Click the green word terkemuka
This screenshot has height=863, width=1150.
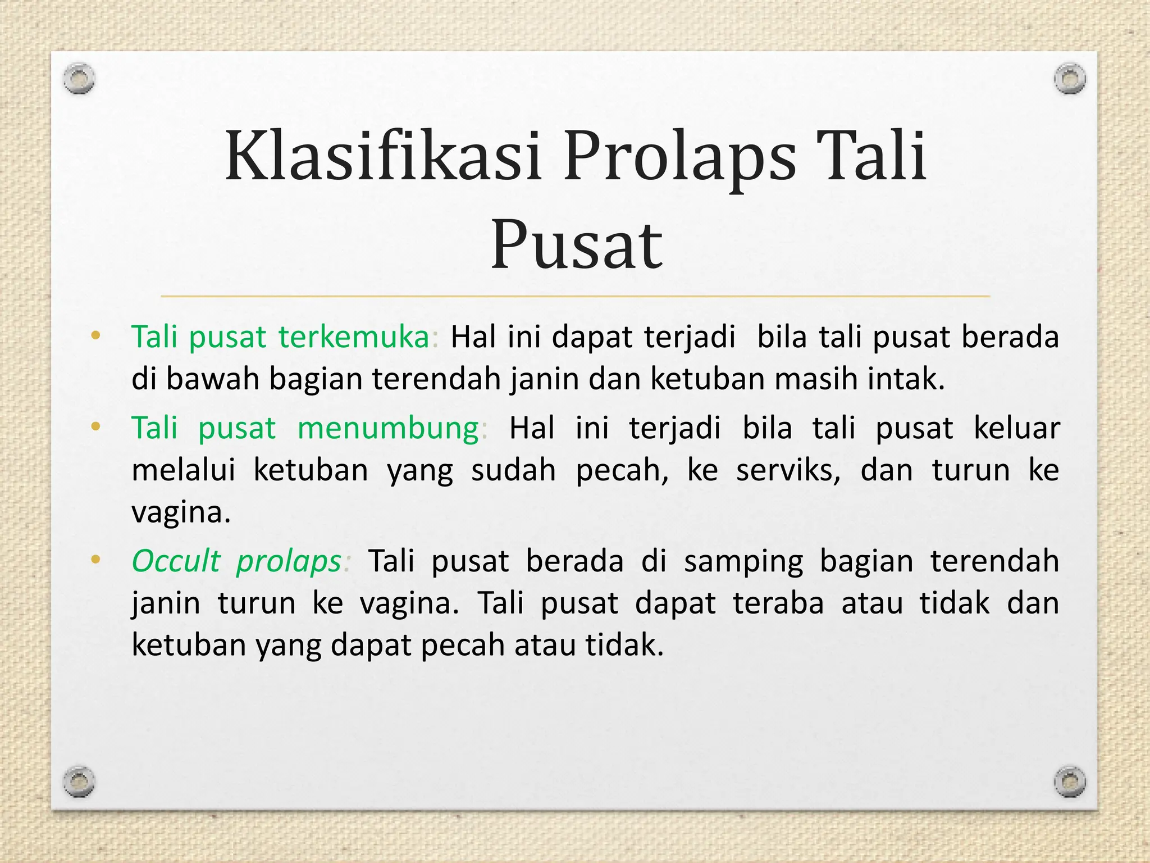354,337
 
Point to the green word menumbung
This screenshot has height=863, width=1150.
388,428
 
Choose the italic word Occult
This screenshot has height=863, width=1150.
176,561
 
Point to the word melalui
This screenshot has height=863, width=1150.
183,470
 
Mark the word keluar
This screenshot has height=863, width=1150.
1016,428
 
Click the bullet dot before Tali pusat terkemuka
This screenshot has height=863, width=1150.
95,336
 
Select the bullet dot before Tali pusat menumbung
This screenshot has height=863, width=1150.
95,427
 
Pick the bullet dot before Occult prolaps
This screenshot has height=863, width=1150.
95,560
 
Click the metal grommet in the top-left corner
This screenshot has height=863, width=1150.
79,78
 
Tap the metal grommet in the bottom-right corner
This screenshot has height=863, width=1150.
1070,781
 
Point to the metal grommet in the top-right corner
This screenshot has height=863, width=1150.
1070,78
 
